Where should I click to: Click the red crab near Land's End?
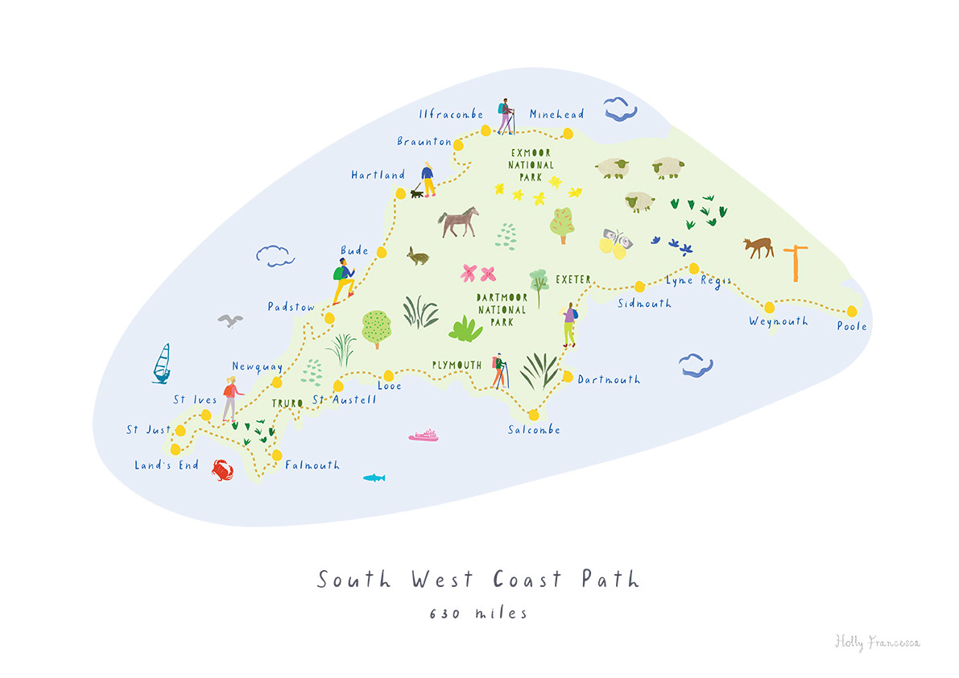click(x=223, y=469)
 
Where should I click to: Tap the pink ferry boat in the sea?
click(x=424, y=436)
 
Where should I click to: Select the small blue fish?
click(x=373, y=477)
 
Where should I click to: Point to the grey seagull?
click(x=230, y=321)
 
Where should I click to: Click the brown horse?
click(x=458, y=221)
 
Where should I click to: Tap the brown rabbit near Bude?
click(x=417, y=256)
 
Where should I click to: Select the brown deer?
click(x=758, y=247)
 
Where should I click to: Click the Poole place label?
click(x=852, y=326)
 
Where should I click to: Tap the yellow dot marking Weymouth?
click(x=769, y=307)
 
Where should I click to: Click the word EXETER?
click(x=573, y=279)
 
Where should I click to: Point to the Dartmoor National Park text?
click(x=502, y=309)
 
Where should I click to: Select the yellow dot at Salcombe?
click(x=533, y=415)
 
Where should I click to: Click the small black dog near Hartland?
click(x=416, y=193)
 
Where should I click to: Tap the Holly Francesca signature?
click(x=877, y=642)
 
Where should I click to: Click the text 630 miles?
click(x=478, y=614)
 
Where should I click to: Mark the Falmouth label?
click(x=312, y=465)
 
